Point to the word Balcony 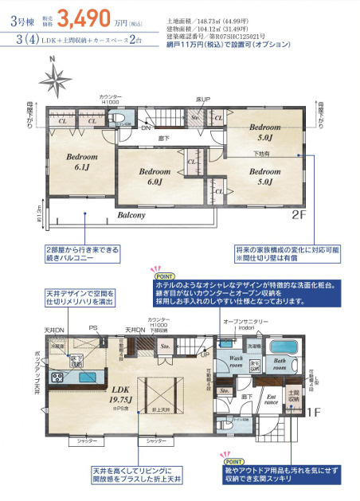(131, 215)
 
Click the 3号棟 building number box (20, 17)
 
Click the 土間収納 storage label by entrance (293, 396)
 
